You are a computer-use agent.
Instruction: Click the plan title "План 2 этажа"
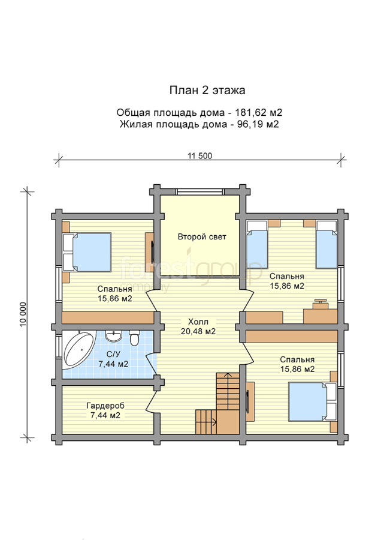click(x=207, y=90)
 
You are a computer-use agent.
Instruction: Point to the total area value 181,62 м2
click(x=258, y=113)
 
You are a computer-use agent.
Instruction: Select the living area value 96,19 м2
click(x=258, y=124)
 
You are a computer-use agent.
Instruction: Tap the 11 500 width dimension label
click(x=199, y=155)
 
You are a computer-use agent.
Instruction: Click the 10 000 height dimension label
click(x=23, y=314)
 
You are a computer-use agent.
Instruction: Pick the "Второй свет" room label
click(x=202, y=237)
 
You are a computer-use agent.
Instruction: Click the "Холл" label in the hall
click(x=198, y=322)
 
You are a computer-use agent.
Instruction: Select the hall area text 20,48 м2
click(x=198, y=331)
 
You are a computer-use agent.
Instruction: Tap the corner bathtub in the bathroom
click(x=78, y=349)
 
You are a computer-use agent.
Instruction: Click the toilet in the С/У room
click(x=134, y=337)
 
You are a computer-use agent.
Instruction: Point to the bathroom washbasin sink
click(x=113, y=336)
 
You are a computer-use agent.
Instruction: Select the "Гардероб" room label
click(x=105, y=406)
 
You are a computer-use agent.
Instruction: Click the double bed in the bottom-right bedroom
click(x=313, y=401)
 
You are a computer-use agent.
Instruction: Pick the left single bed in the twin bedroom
click(x=257, y=245)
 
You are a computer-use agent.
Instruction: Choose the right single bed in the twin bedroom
click(x=326, y=245)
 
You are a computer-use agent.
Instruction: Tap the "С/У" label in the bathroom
click(x=113, y=354)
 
